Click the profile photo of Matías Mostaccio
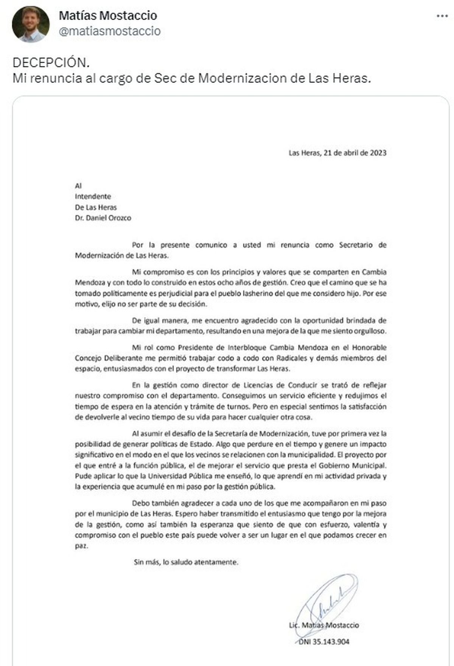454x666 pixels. pos(31,24)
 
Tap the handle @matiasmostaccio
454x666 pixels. pos(110,31)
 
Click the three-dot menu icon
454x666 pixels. pos(442,16)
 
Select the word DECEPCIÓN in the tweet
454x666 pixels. pos(51,62)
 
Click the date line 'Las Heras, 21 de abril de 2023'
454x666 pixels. pos(337,153)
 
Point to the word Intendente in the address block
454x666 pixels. pos(93,197)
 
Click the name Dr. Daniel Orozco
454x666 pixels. pos(103,218)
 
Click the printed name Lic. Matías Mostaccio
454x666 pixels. pos(324,625)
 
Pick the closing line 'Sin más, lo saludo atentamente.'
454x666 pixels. pos(186,562)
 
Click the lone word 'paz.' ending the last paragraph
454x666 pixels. pos(81,546)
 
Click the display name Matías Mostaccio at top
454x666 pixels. pos(108,16)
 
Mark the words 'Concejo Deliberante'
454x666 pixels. pos(103,358)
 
